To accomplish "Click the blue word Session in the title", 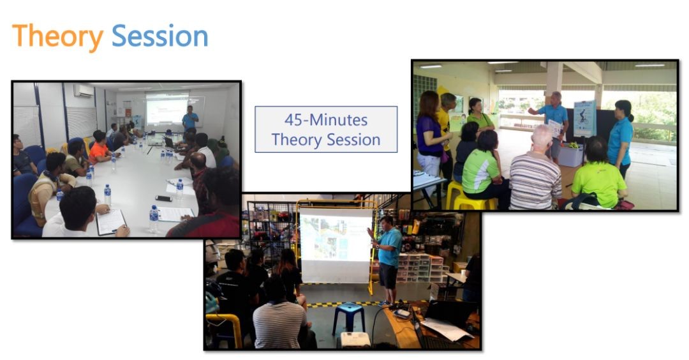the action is [x=160, y=36].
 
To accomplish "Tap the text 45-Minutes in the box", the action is [x=326, y=119].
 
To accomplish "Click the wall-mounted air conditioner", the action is [x=84, y=91].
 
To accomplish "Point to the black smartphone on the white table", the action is [x=163, y=199].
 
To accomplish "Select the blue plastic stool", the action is [x=348, y=317].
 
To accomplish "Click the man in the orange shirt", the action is [x=100, y=147].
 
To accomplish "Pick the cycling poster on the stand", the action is [x=585, y=119].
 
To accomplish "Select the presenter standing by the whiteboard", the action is [x=190, y=118].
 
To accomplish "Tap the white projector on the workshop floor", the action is [x=355, y=340].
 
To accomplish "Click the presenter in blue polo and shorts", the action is [x=386, y=259].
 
